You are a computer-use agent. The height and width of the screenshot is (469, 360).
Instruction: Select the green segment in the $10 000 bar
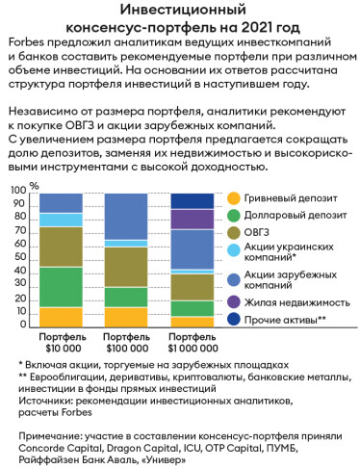61,287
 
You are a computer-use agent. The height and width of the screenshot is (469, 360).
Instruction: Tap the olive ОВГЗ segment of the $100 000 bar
126,267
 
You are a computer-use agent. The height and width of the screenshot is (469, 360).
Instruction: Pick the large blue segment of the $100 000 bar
126,216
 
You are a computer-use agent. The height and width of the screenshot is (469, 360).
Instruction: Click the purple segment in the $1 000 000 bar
192,219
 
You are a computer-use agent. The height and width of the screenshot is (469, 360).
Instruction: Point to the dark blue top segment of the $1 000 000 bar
192,200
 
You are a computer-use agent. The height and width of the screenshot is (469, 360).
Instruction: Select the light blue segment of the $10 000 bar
61,220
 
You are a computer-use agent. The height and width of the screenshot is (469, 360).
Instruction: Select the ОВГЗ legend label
260,233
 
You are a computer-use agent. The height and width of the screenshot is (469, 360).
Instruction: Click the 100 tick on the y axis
18,192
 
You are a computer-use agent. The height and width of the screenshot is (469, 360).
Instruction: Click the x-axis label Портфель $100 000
126,344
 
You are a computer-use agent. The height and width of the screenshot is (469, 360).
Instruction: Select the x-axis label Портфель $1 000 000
192,344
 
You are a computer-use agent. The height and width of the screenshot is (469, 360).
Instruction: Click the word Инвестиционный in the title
180,11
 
